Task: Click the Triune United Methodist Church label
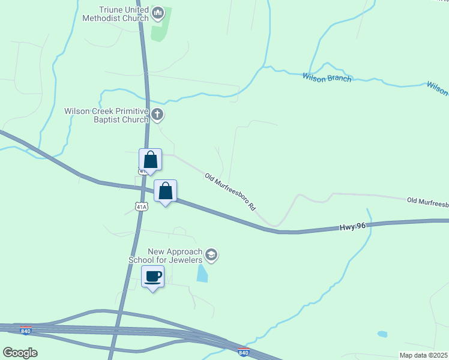[x=124, y=14]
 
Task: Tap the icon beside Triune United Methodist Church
[x=158, y=11]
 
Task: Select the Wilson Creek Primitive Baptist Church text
[x=107, y=115]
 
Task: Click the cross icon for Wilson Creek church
[x=157, y=114]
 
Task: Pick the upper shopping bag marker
[x=150, y=160]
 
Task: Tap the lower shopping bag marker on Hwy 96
[x=166, y=191]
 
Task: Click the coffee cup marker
[x=153, y=277]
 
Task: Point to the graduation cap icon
[x=211, y=255]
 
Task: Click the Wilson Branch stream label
[x=327, y=77]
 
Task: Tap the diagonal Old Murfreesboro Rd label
[x=231, y=191]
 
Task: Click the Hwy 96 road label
[x=352, y=227]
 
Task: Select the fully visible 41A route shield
[x=142, y=207]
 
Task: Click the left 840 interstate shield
[x=25, y=331]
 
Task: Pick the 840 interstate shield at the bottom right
[x=243, y=352]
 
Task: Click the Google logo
[x=20, y=352]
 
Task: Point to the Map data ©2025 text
[x=423, y=355]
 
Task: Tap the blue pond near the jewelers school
[x=202, y=273]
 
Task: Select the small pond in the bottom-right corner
[x=382, y=334]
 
